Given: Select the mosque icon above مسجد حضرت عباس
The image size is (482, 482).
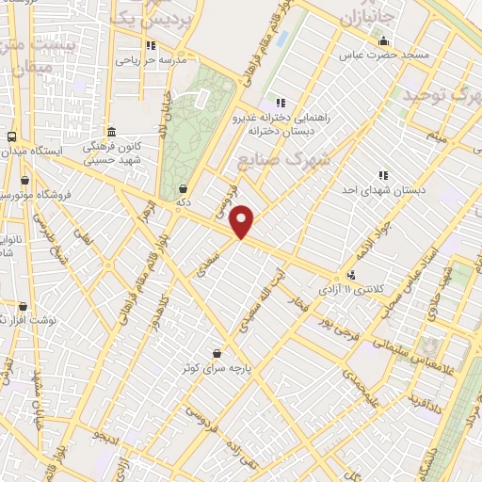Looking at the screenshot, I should pos(383,40).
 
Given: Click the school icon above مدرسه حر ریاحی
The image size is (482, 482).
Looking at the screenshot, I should pos(150,44).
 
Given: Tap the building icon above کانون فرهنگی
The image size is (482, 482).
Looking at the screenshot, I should pos(111,132).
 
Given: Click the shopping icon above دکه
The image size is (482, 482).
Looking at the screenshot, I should pos(181,188).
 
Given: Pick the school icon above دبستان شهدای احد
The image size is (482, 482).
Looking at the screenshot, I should pos(383,175).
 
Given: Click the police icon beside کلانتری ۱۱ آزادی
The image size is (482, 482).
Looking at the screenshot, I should pos(351,276).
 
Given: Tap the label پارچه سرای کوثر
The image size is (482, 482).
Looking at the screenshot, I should pos(217,368).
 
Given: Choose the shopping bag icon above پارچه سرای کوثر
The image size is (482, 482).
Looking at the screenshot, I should pos(217,353).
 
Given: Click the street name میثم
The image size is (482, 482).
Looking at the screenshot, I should pos(435,139).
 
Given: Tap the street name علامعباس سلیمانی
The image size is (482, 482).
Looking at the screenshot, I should pos(425,352).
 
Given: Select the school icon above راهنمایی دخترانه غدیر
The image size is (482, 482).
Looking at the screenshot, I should pos(279,103).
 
